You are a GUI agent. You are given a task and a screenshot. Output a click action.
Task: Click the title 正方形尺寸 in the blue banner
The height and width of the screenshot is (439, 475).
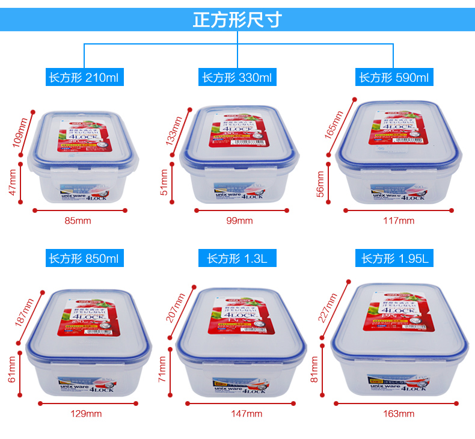click(x=237, y=19)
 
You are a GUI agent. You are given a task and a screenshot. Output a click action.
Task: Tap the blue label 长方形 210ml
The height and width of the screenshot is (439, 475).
click(x=84, y=78)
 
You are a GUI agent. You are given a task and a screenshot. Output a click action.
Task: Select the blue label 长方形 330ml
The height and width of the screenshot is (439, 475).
click(x=237, y=78)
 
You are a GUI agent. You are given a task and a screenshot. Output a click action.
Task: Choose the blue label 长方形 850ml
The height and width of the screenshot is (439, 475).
click(x=84, y=259)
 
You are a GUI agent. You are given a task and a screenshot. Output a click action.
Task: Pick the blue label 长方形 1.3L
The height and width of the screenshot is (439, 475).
click(x=237, y=259)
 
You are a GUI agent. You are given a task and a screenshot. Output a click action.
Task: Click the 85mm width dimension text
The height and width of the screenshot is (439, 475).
click(x=78, y=221)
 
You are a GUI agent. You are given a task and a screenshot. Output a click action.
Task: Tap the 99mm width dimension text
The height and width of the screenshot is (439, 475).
click(x=240, y=221)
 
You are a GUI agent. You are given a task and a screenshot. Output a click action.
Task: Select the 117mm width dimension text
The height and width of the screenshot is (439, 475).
click(x=399, y=221)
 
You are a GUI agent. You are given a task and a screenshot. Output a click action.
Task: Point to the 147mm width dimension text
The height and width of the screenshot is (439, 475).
click(x=247, y=414)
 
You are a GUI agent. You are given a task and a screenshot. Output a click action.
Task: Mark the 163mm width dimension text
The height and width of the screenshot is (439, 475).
click(x=399, y=414)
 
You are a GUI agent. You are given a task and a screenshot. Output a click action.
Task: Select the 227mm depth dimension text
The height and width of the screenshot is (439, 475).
click(x=328, y=308)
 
